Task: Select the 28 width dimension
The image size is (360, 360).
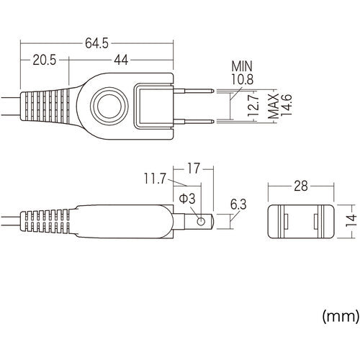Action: [301, 186]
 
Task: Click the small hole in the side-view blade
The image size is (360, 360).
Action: [201, 220]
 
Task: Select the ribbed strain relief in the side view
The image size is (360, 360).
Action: [49, 222]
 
